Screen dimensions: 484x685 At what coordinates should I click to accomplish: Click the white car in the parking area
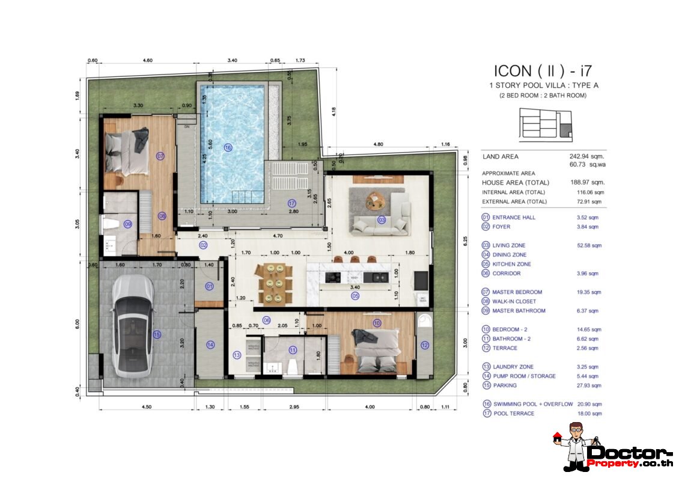130,325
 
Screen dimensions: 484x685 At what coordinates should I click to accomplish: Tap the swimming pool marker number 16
228,147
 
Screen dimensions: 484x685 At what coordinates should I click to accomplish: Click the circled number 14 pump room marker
210,345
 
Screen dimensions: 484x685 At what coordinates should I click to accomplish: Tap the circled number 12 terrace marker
425,345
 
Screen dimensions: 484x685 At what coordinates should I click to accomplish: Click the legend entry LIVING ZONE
508,245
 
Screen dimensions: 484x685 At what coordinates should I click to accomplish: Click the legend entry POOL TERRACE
513,414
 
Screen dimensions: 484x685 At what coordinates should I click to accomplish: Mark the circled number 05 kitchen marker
355,296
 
